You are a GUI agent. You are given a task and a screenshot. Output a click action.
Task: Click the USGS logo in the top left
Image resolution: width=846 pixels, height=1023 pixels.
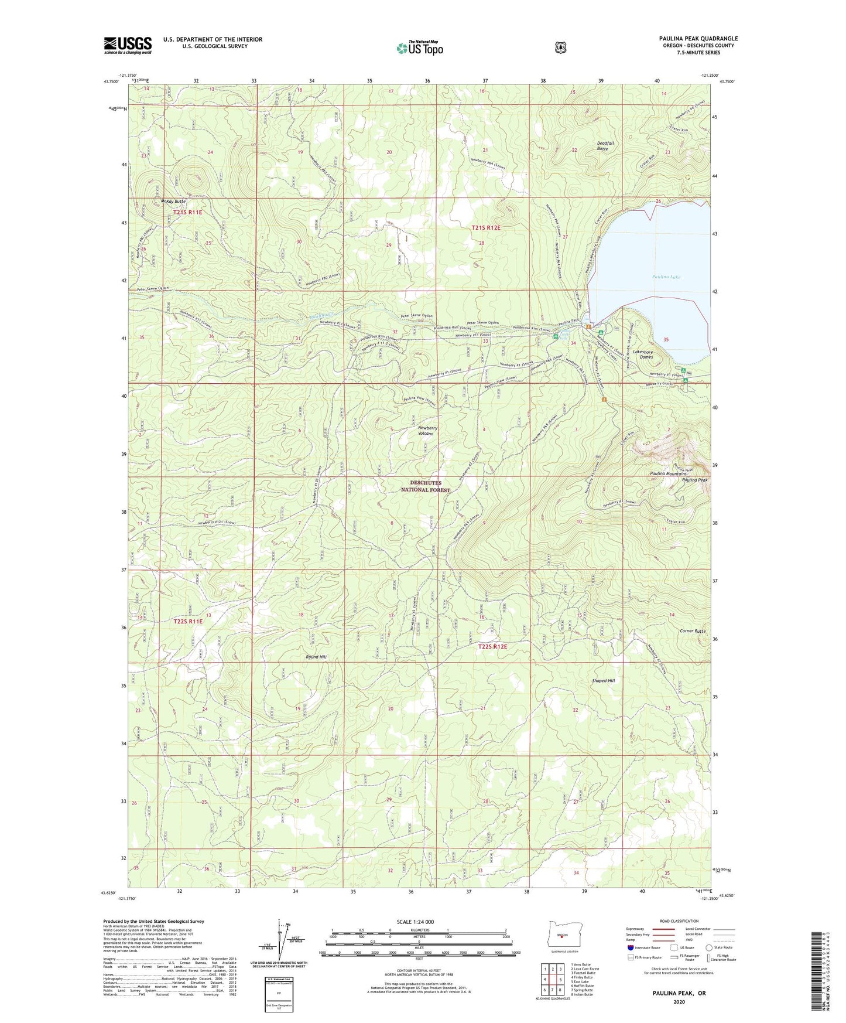pos(128,45)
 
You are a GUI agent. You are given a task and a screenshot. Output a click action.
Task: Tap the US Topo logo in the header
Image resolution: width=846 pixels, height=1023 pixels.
pos(420,48)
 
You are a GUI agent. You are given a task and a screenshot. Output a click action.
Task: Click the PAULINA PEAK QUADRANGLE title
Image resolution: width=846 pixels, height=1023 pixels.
pos(698,39)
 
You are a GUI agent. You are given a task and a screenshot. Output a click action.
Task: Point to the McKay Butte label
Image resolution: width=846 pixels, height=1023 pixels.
pos(156,201)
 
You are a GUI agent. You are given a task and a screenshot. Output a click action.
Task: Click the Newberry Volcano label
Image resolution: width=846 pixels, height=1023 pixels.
pos(427,431)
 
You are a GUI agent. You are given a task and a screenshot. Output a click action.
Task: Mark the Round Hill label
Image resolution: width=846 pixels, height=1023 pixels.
pos(316,657)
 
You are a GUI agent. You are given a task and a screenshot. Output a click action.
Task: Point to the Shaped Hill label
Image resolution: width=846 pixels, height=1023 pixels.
pos(603,681)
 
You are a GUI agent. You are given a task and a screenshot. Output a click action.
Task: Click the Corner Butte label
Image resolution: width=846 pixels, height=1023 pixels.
pos(693,631)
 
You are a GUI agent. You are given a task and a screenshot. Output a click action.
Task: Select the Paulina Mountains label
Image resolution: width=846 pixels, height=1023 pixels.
pos(667,473)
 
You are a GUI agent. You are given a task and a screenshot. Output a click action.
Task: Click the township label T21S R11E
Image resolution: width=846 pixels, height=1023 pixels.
pos(187,212)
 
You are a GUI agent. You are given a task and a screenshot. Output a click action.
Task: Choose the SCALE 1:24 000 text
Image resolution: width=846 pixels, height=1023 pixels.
pos(415,922)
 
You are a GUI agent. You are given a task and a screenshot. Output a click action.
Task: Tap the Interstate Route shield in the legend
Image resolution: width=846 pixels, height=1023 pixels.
pos(630,947)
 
